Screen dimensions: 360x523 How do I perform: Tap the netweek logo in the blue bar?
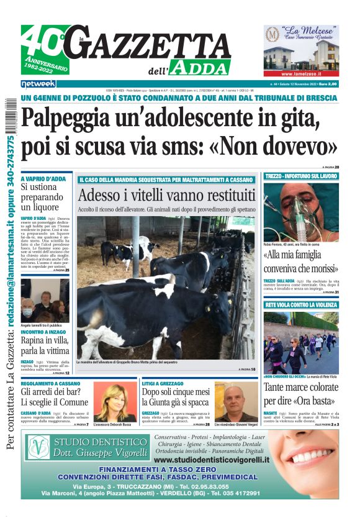(x=38, y=83)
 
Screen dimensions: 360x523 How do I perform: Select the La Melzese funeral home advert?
(x=301, y=50)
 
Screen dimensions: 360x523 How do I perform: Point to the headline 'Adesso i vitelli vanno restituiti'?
(x=166, y=195)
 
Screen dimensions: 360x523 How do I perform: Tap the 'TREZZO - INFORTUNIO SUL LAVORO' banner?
(x=301, y=176)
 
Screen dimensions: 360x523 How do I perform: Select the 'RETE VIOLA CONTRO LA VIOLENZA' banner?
(x=301, y=305)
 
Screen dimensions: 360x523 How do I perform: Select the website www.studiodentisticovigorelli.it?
(x=212, y=460)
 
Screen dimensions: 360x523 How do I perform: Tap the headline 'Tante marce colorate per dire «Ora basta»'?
(x=301, y=393)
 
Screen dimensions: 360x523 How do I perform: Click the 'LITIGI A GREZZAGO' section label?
(x=164, y=384)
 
